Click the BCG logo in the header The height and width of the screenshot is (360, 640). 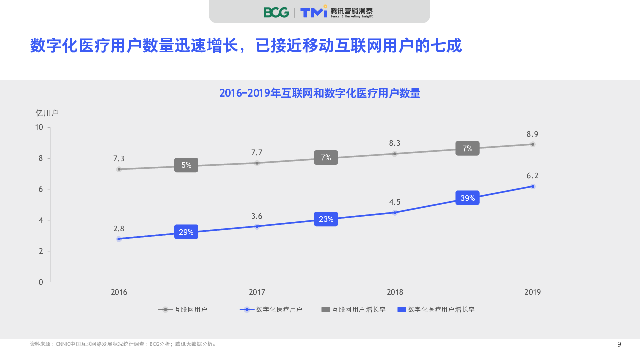[276, 12]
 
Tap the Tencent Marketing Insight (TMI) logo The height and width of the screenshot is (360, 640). [336, 12]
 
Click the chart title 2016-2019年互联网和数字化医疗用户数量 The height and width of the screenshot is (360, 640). [320, 93]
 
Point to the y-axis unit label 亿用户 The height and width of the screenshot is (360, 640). [47, 113]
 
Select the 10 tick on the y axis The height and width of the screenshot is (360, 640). [39, 127]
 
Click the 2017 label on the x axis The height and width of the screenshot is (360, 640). [257, 292]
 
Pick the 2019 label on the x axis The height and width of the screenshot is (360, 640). [532, 292]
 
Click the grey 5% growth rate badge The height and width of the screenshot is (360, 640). [186, 165]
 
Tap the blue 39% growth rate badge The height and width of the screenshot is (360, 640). [467, 198]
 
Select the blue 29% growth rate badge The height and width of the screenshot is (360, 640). [186, 232]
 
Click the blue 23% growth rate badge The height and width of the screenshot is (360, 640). [326, 219]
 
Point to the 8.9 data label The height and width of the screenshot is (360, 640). [532, 134]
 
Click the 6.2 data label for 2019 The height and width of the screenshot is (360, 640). [532, 176]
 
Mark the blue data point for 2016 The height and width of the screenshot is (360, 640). [119, 239]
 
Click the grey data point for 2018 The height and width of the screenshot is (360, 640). [395, 154]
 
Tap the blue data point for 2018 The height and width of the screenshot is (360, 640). [395, 213]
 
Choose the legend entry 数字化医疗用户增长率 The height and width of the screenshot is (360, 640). [436, 310]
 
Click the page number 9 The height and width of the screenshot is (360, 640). [619, 344]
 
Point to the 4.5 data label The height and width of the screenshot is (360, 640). [395, 202]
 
